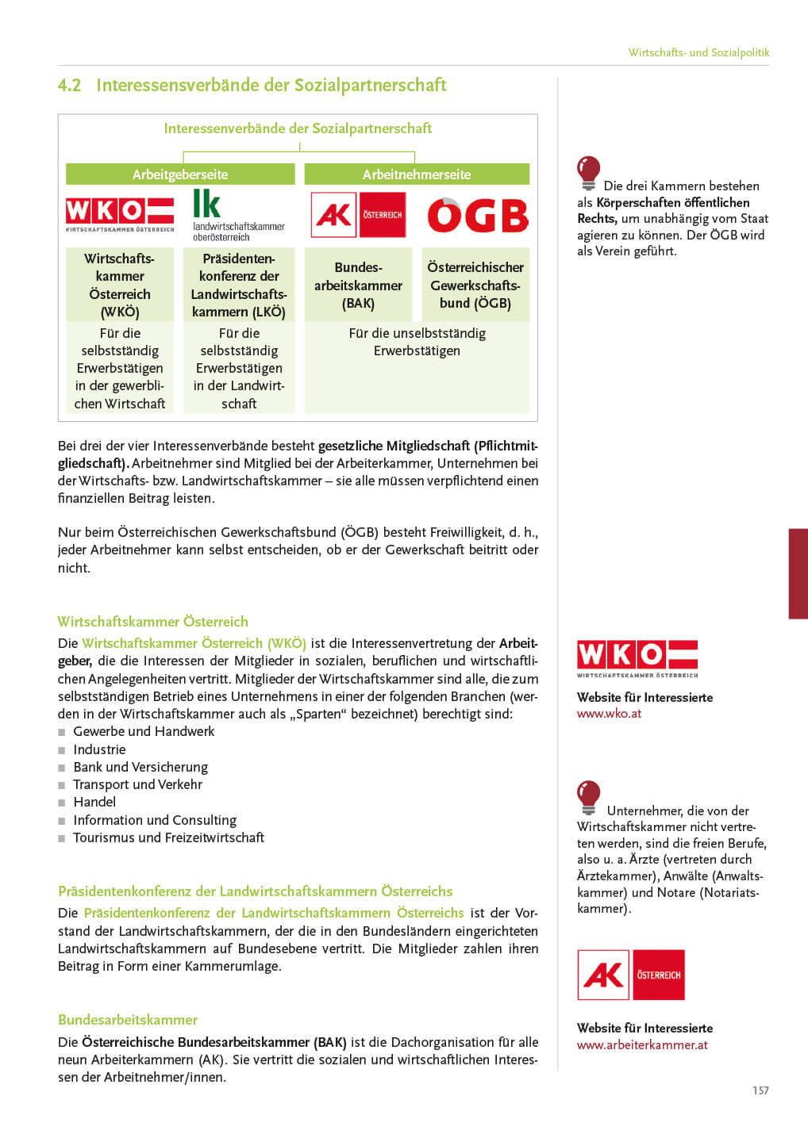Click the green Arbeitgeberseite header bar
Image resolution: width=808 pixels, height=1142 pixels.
(180, 174)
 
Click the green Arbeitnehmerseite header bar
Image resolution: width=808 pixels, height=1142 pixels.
(417, 174)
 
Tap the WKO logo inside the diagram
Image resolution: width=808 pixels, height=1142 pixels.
(120, 213)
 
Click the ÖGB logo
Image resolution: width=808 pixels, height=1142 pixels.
(478, 215)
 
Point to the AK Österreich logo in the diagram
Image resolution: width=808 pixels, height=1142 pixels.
(358, 215)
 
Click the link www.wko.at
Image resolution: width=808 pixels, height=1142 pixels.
(609, 714)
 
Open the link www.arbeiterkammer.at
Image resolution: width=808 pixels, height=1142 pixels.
(642, 1045)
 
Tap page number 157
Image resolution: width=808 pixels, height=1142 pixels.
(760, 1090)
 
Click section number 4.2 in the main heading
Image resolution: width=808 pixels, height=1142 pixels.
(70, 86)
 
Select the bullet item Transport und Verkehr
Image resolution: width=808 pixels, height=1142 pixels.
(137, 784)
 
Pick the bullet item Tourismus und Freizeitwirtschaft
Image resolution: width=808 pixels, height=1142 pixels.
(168, 837)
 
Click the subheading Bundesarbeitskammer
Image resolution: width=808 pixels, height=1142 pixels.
(128, 1020)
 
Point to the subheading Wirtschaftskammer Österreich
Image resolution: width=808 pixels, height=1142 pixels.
(152, 622)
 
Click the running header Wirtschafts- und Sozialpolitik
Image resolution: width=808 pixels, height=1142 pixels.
(698, 52)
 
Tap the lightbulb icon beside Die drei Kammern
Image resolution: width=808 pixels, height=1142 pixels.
(588, 172)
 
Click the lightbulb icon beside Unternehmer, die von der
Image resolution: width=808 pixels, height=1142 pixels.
(588, 797)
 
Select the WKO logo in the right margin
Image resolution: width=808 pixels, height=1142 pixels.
(637, 657)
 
